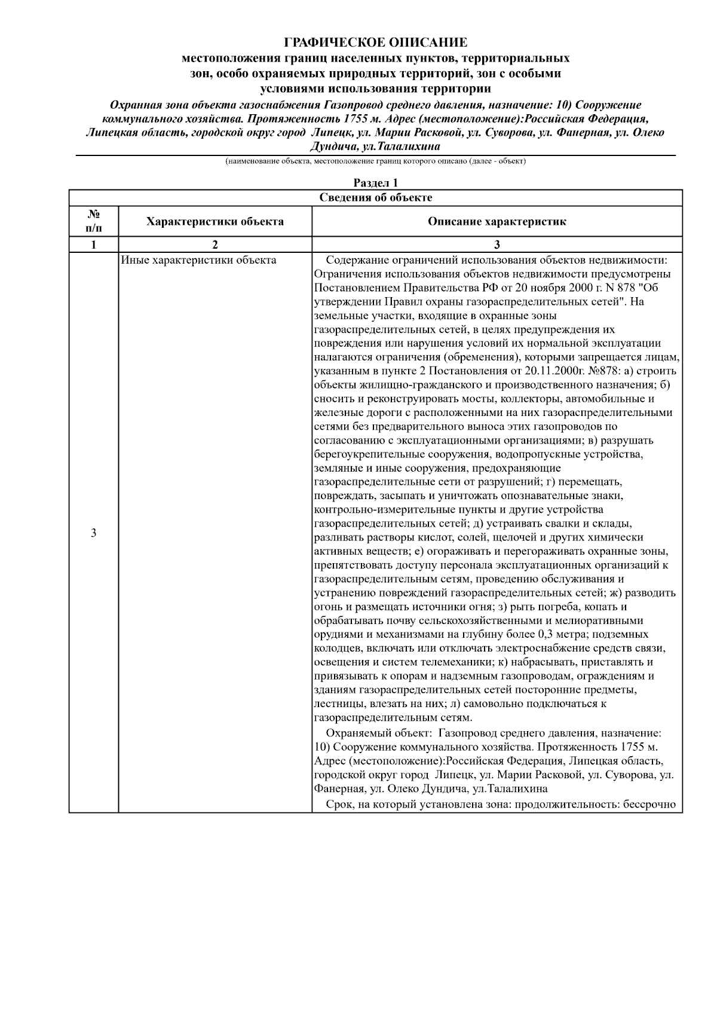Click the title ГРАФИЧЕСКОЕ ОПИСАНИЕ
pos(375,42)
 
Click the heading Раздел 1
pos(375,183)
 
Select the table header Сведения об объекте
pos(375,198)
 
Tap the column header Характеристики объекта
pos(215,222)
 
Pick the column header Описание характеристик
pos(497,222)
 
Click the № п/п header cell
pos(93,222)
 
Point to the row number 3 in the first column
pos(93,533)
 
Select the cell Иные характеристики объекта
pos(198,261)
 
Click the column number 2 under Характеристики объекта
pos(215,244)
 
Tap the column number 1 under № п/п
pos(93,244)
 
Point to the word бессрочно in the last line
pos(649,805)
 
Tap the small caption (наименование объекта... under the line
pos(375,161)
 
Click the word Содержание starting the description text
pos(356,261)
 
